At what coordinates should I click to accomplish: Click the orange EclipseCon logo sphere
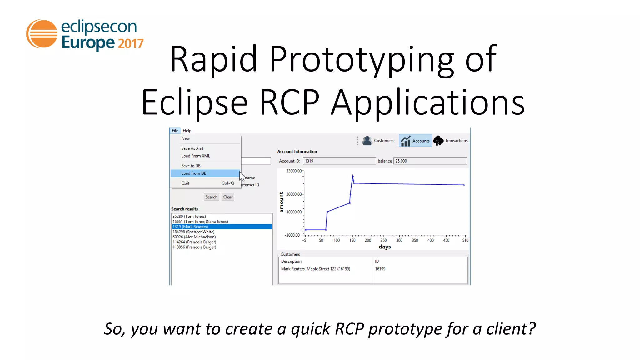(x=42, y=34)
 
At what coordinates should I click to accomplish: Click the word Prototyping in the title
(x=362, y=59)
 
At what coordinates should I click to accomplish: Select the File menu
(x=175, y=131)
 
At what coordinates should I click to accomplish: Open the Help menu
(x=187, y=131)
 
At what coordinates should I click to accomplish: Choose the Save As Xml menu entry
(x=192, y=148)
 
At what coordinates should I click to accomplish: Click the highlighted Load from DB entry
(x=194, y=173)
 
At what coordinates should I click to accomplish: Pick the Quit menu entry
(x=185, y=183)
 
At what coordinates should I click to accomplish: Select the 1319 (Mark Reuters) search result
(x=190, y=227)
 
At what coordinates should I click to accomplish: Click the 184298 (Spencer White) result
(x=193, y=232)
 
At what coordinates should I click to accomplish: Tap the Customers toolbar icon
(x=367, y=141)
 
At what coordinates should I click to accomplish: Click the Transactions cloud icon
(x=438, y=141)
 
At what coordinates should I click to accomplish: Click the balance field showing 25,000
(x=430, y=161)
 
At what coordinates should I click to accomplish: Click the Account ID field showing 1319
(x=339, y=161)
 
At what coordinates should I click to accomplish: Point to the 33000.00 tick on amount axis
(x=294, y=171)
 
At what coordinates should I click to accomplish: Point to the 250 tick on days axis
(x=383, y=240)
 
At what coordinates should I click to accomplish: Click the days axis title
(x=385, y=247)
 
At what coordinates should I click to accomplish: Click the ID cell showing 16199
(x=380, y=269)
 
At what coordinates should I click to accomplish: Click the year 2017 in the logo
(x=131, y=43)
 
